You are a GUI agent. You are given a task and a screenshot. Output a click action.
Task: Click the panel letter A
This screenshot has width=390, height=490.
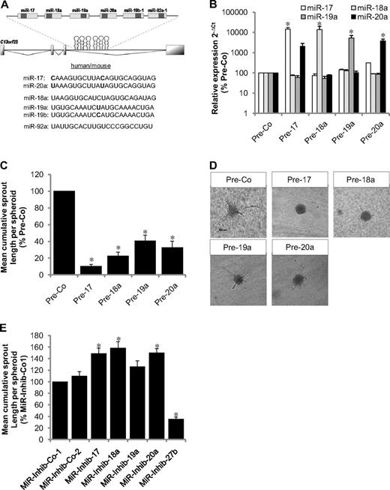(x=5, y=7)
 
